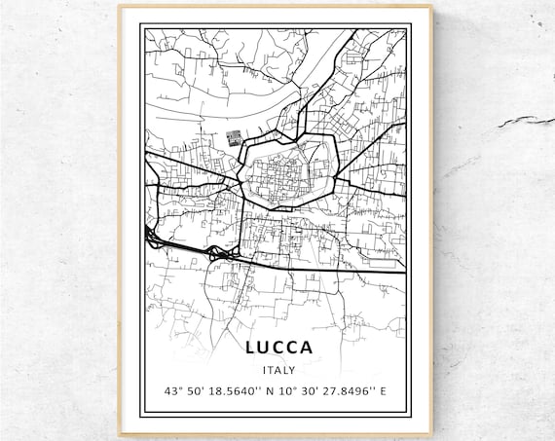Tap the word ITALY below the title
(277, 370)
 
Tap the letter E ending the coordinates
(383, 392)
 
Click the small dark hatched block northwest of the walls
(234, 138)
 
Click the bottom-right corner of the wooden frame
(432, 435)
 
